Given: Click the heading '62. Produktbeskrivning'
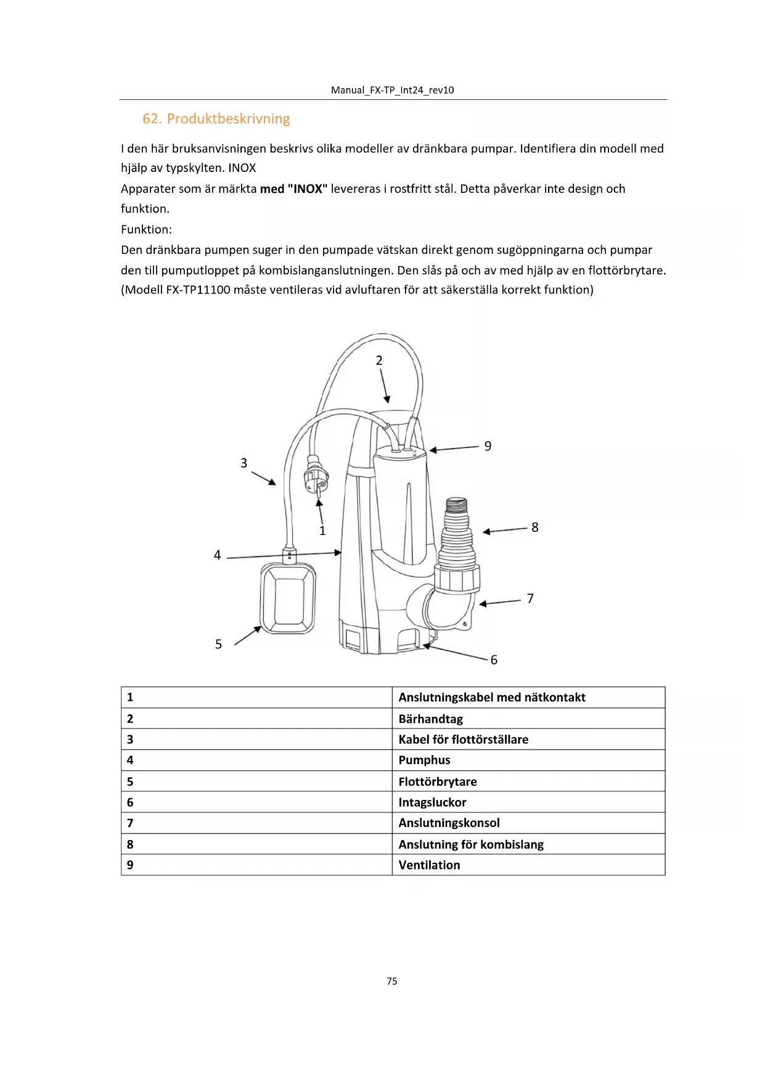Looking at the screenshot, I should pos(216,119).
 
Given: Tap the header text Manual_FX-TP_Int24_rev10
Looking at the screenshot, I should pos(392,90).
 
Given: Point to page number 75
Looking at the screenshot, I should pos(392,981).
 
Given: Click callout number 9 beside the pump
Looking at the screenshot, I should pos(488,446).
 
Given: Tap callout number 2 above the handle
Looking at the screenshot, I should pos(379,361).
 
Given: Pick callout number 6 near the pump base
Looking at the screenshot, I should pos(494,660).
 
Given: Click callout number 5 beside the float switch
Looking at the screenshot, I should pos(218,644).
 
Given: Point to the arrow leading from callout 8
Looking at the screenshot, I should pos(505,530).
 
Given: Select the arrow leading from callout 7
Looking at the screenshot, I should pos(500,602).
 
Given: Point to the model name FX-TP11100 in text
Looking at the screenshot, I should pos(198,290).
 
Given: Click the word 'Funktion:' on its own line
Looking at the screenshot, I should pos(147,229).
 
